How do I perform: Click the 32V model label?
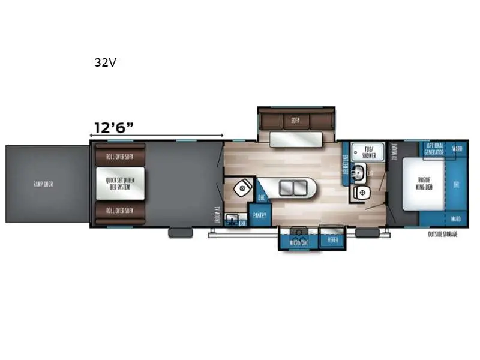(105, 62)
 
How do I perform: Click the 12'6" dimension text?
(113, 127)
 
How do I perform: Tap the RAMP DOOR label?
(43, 184)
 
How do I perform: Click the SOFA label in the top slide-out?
(295, 120)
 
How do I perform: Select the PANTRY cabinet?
(260, 214)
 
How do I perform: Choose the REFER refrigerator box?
(333, 240)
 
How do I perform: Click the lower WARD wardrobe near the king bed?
(457, 219)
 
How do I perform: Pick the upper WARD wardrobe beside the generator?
(457, 148)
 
